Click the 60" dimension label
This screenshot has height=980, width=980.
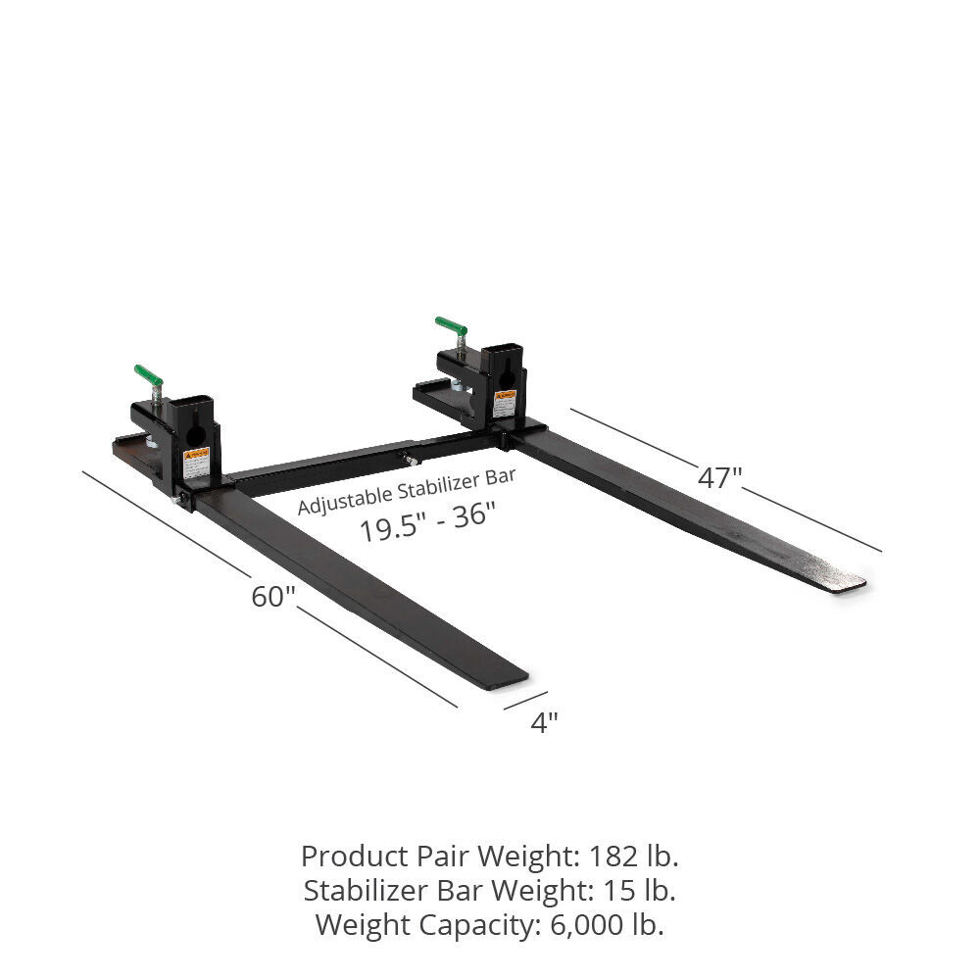(272, 596)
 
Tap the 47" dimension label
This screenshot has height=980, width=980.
(719, 477)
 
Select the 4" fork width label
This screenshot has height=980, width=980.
(544, 723)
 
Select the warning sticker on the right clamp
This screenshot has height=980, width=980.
(505, 403)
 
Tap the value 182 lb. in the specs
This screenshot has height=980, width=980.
(634, 857)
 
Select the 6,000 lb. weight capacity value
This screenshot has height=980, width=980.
(602, 924)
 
